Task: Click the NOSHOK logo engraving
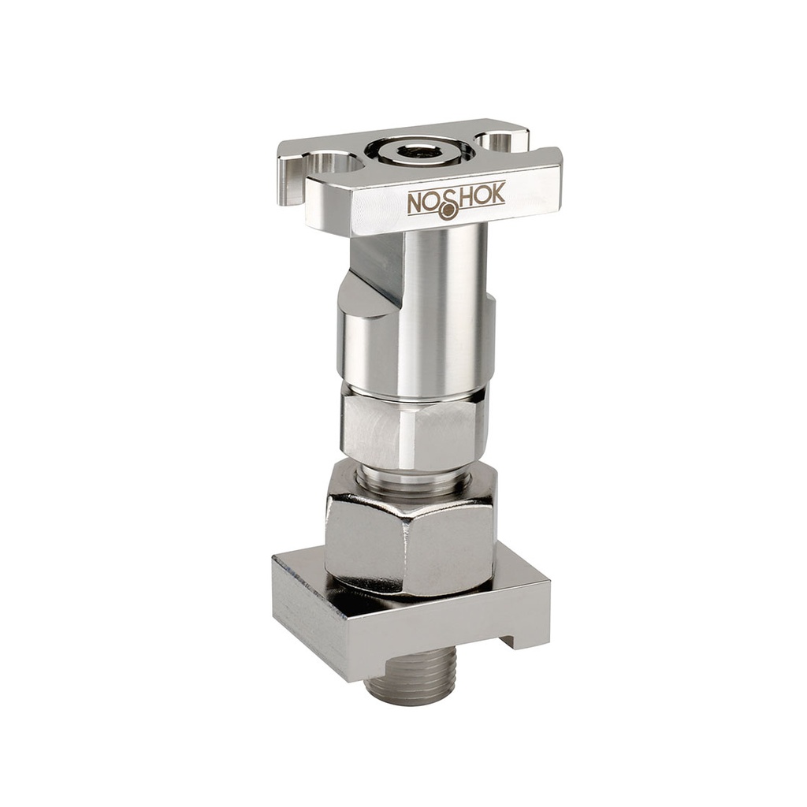(x=456, y=202)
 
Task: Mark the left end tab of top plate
(x=289, y=177)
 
